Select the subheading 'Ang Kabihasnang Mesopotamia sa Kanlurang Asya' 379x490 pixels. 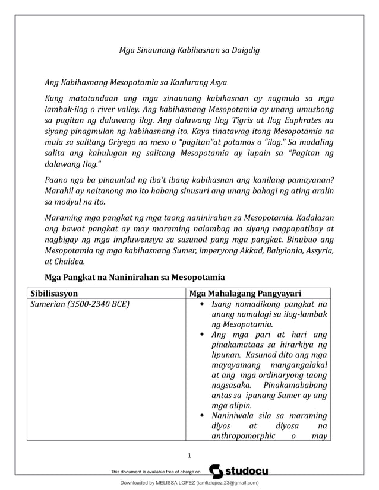(x=136, y=82)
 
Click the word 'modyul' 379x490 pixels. (x=68, y=202)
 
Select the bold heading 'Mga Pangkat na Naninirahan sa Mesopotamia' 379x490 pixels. (x=135, y=278)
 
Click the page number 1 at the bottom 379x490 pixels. (x=189, y=456)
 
